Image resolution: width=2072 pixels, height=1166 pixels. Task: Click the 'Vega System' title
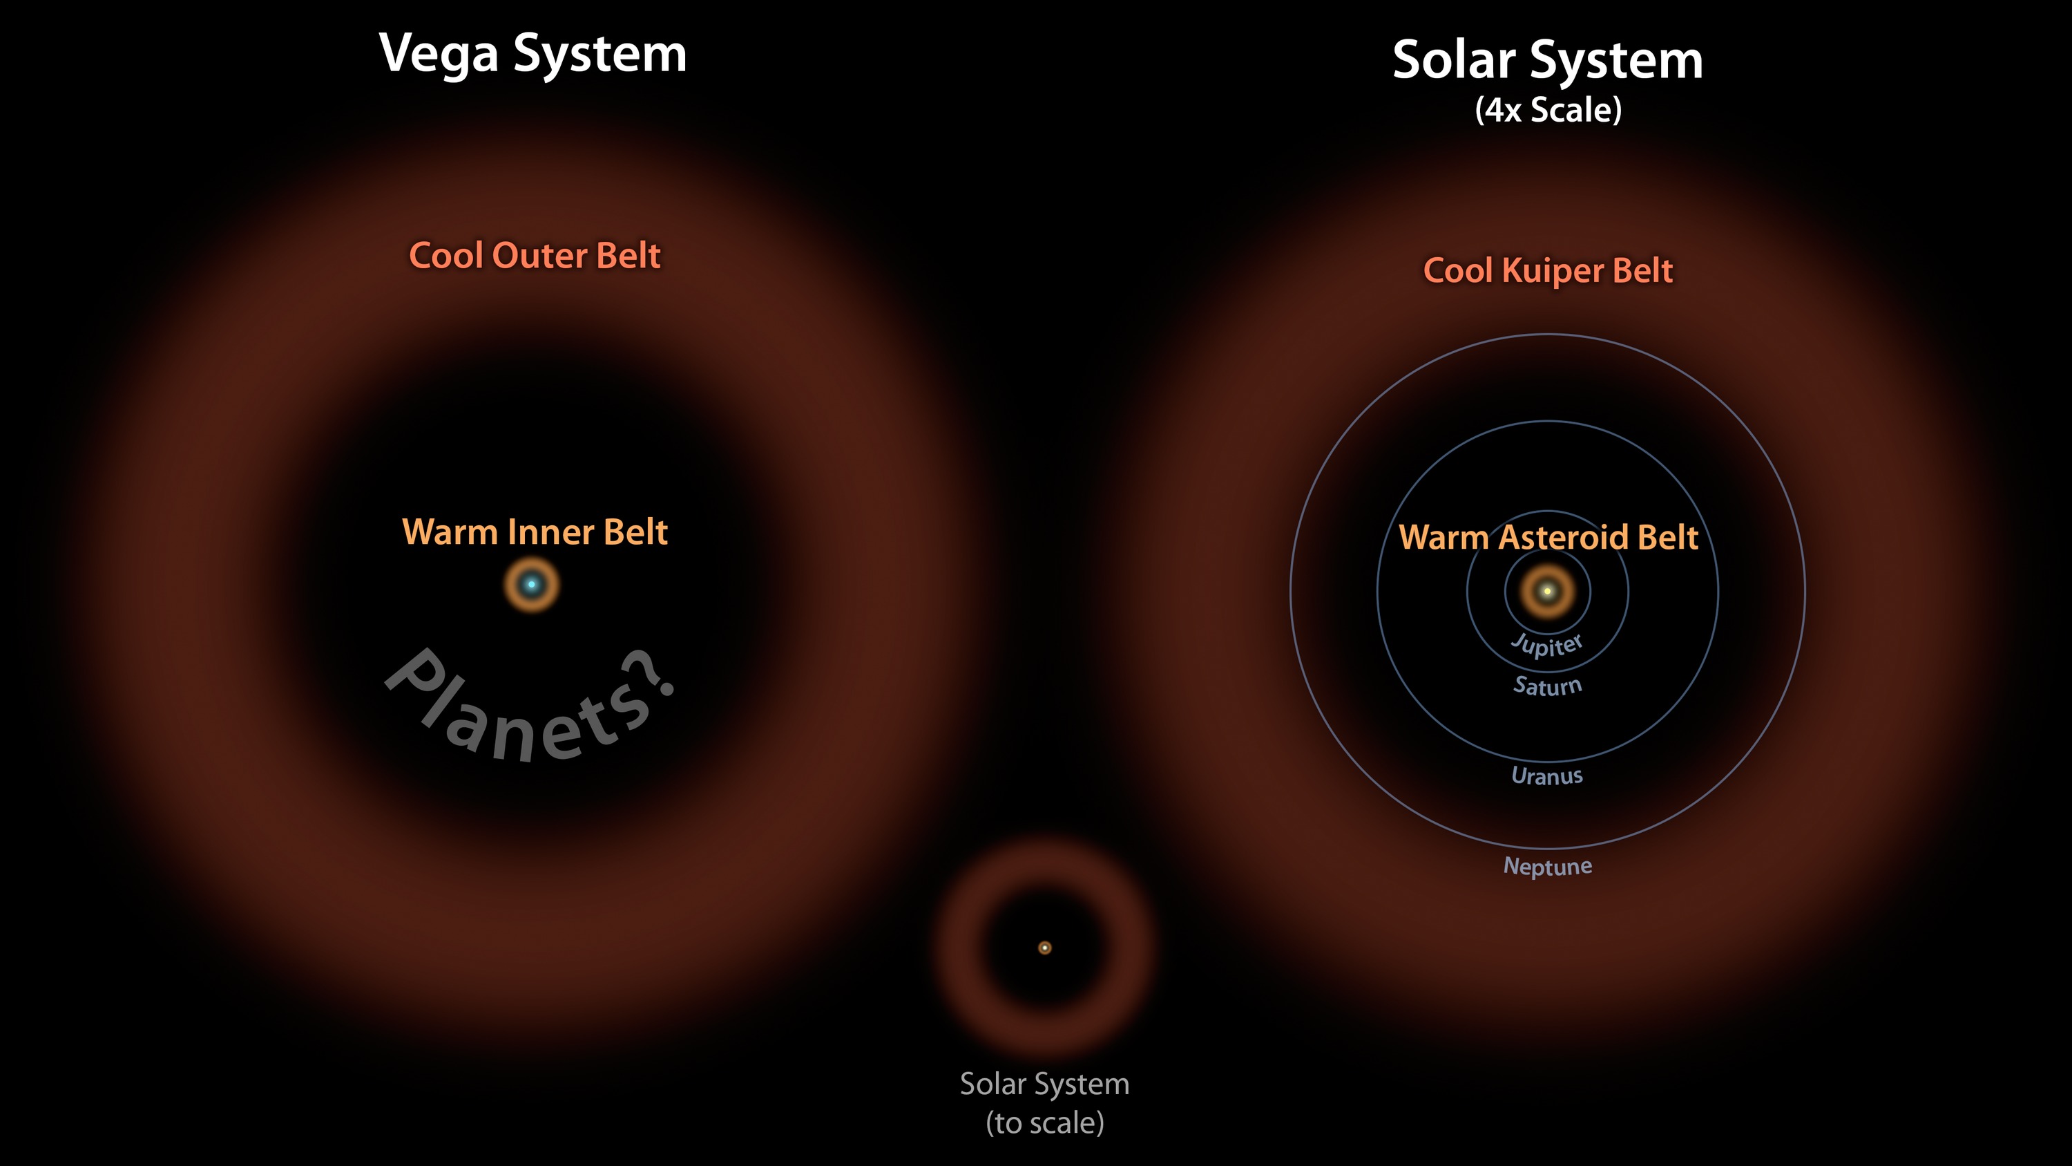point(533,54)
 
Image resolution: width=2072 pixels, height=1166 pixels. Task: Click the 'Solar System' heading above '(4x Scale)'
point(1548,60)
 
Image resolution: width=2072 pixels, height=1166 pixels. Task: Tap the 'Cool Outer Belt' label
point(534,256)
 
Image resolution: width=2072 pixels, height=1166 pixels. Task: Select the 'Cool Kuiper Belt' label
point(1548,270)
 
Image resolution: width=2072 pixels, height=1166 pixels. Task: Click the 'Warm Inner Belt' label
point(534,532)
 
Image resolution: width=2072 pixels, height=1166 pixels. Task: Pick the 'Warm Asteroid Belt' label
point(1548,538)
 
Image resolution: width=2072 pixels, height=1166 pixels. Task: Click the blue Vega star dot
point(531,584)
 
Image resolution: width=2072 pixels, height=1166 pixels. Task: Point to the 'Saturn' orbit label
point(1548,686)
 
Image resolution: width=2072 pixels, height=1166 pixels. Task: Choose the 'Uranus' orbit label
point(1547,775)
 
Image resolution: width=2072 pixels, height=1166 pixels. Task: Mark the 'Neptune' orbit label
point(1548,867)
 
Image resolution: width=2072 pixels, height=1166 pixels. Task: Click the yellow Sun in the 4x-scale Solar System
point(1547,592)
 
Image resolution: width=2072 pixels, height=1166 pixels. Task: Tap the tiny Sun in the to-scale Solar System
point(1045,948)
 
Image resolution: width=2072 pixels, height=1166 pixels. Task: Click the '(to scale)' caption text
point(1045,1122)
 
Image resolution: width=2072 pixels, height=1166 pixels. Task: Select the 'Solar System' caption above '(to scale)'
point(1045,1084)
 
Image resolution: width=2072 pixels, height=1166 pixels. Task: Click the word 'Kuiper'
point(1553,271)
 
